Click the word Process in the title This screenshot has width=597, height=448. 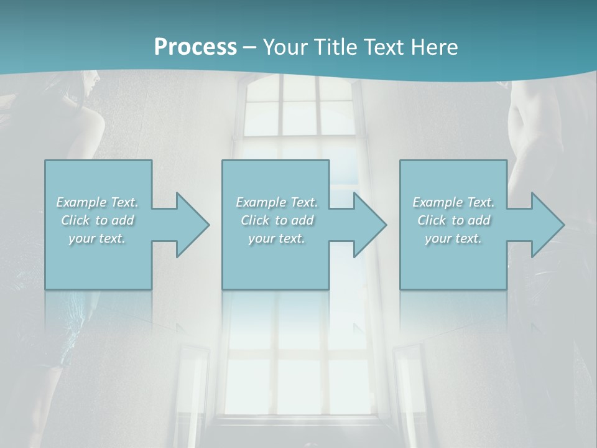[195, 47]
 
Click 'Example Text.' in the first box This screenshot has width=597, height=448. [98, 202]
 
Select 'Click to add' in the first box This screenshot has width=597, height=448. [98, 220]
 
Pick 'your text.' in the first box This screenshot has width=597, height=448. [98, 238]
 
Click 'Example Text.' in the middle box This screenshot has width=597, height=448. [277, 202]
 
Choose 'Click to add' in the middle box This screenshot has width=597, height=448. [277, 220]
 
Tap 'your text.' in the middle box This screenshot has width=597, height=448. [277, 238]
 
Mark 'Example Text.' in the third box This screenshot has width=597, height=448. [453, 202]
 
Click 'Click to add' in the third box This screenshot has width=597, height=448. [453, 220]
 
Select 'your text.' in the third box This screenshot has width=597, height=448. [453, 238]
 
